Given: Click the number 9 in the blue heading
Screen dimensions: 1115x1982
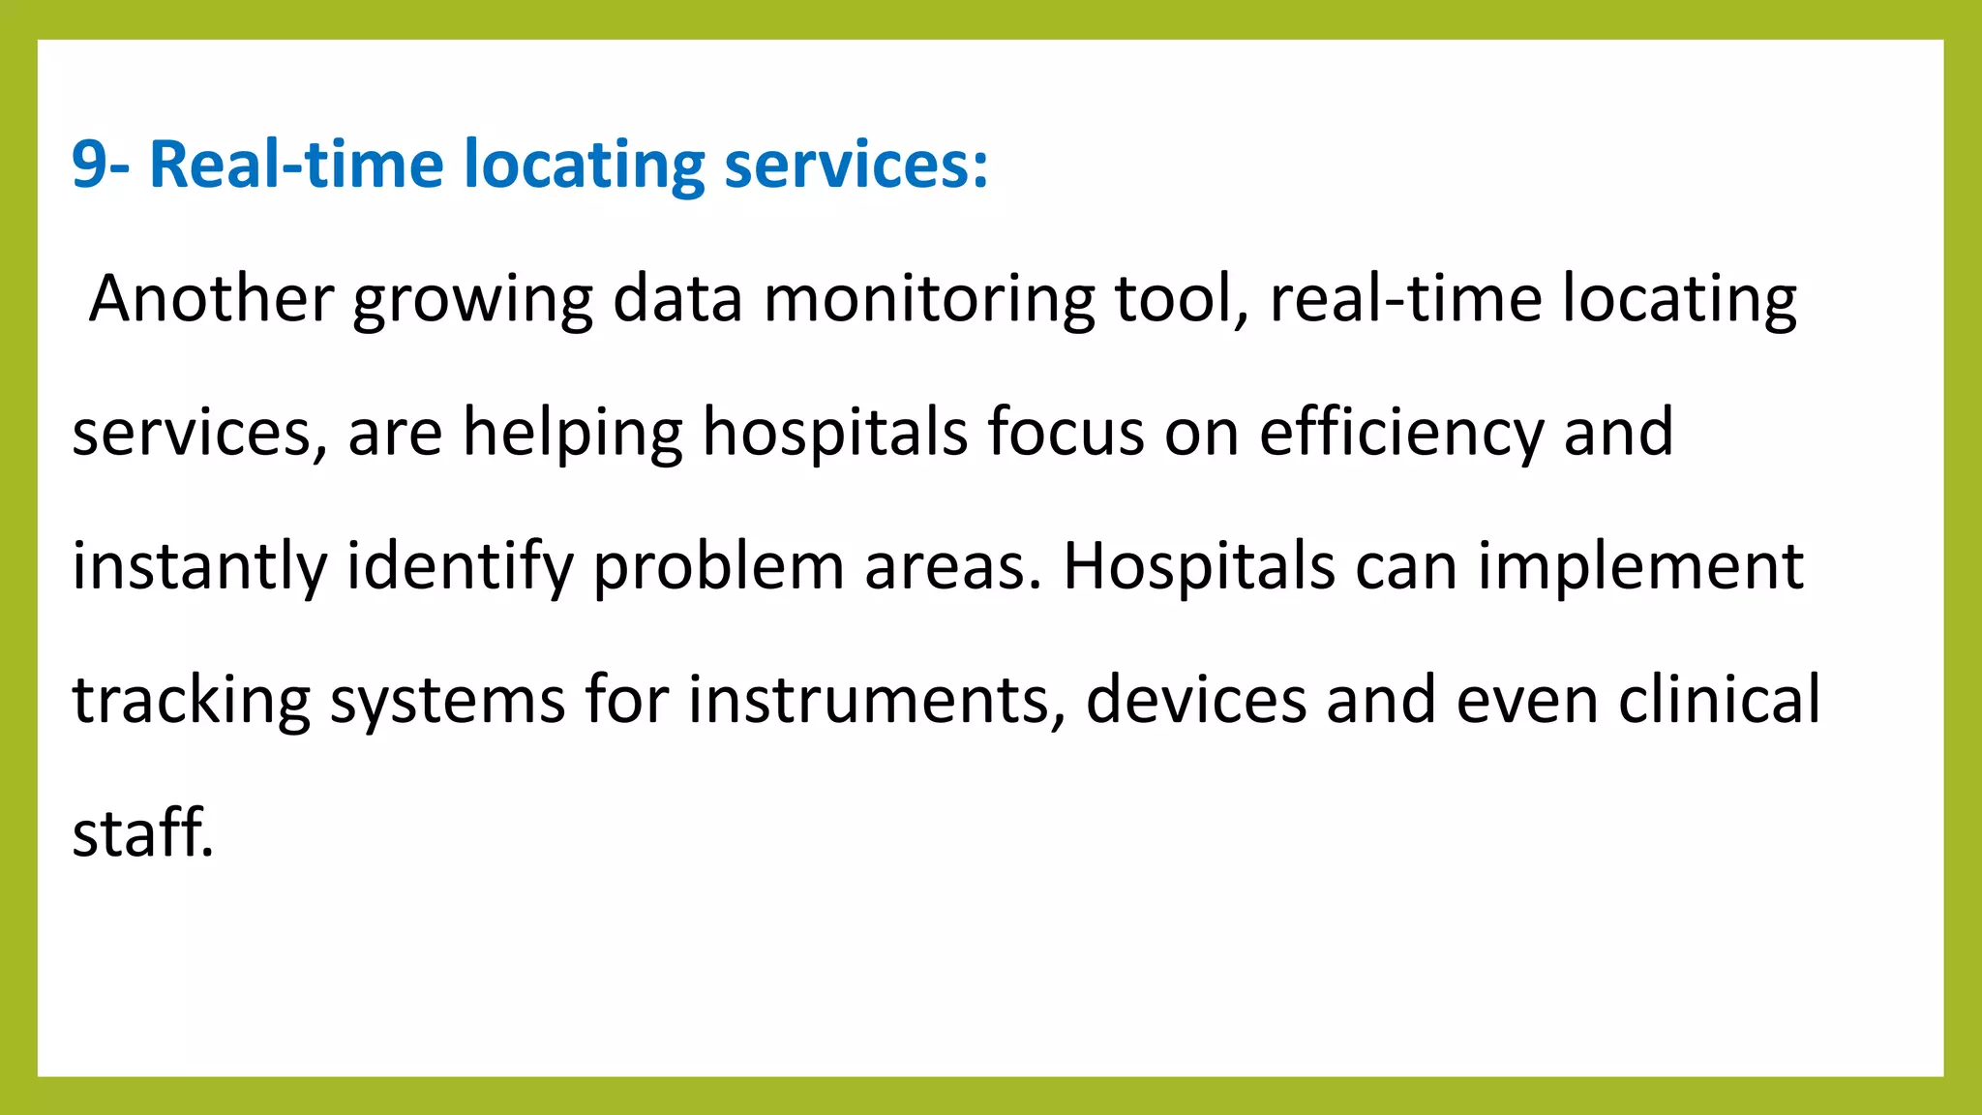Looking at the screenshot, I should [88, 165].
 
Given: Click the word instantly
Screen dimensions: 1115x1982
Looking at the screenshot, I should [199, 567].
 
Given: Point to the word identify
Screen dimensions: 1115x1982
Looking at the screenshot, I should [461, 567].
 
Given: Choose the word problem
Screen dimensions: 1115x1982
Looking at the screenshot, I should [719, 567].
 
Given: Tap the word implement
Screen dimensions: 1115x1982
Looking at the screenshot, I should [1640, 567].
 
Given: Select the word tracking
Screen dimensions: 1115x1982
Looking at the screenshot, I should [192, 701].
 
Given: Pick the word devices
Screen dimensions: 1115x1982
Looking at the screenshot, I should [1196, 701].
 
